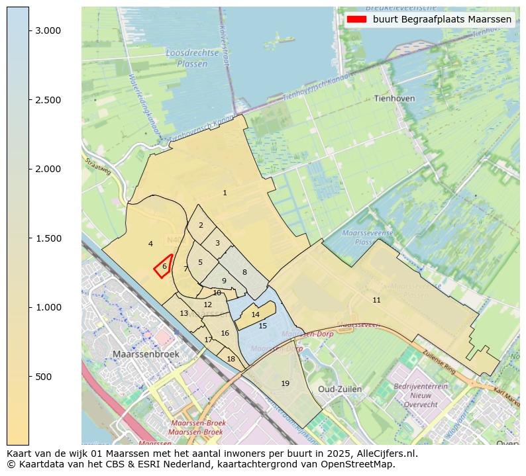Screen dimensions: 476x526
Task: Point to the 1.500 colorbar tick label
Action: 48,238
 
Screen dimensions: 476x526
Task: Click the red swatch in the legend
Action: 356,19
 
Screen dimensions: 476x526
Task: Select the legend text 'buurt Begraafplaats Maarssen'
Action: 442,19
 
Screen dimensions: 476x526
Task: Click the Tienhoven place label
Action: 394,98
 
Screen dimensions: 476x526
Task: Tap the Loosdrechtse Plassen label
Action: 192,58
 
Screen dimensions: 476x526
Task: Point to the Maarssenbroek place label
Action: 146,354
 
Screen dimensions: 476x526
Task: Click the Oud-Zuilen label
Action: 340,389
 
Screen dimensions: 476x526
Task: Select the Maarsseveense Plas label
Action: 368,237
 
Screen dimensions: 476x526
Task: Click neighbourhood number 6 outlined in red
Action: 164,266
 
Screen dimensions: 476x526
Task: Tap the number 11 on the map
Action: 376,300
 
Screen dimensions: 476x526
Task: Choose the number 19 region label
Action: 285,383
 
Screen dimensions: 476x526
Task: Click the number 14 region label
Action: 256,314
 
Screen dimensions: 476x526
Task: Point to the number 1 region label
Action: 225,193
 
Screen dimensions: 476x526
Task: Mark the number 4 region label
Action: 150,244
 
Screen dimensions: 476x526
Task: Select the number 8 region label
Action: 244,272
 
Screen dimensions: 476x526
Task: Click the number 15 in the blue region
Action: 262,326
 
